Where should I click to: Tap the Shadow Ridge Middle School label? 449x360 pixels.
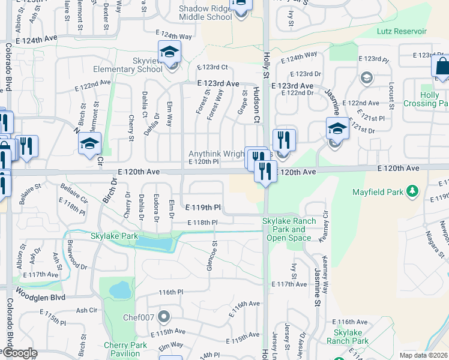click(206, 13)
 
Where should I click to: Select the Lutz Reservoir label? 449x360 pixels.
click(402, 31)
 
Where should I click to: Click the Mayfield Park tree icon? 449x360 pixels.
click(412, 191)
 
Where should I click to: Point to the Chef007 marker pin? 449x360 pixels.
click(161, 317)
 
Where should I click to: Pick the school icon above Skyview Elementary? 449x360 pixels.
click(169, 52)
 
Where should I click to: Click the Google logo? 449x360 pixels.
click(19, 353)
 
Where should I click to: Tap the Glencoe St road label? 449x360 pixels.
click(210, 257)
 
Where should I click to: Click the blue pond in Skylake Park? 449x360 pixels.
click(153, 243)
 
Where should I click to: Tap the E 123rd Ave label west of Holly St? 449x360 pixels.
click(219, 84)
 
